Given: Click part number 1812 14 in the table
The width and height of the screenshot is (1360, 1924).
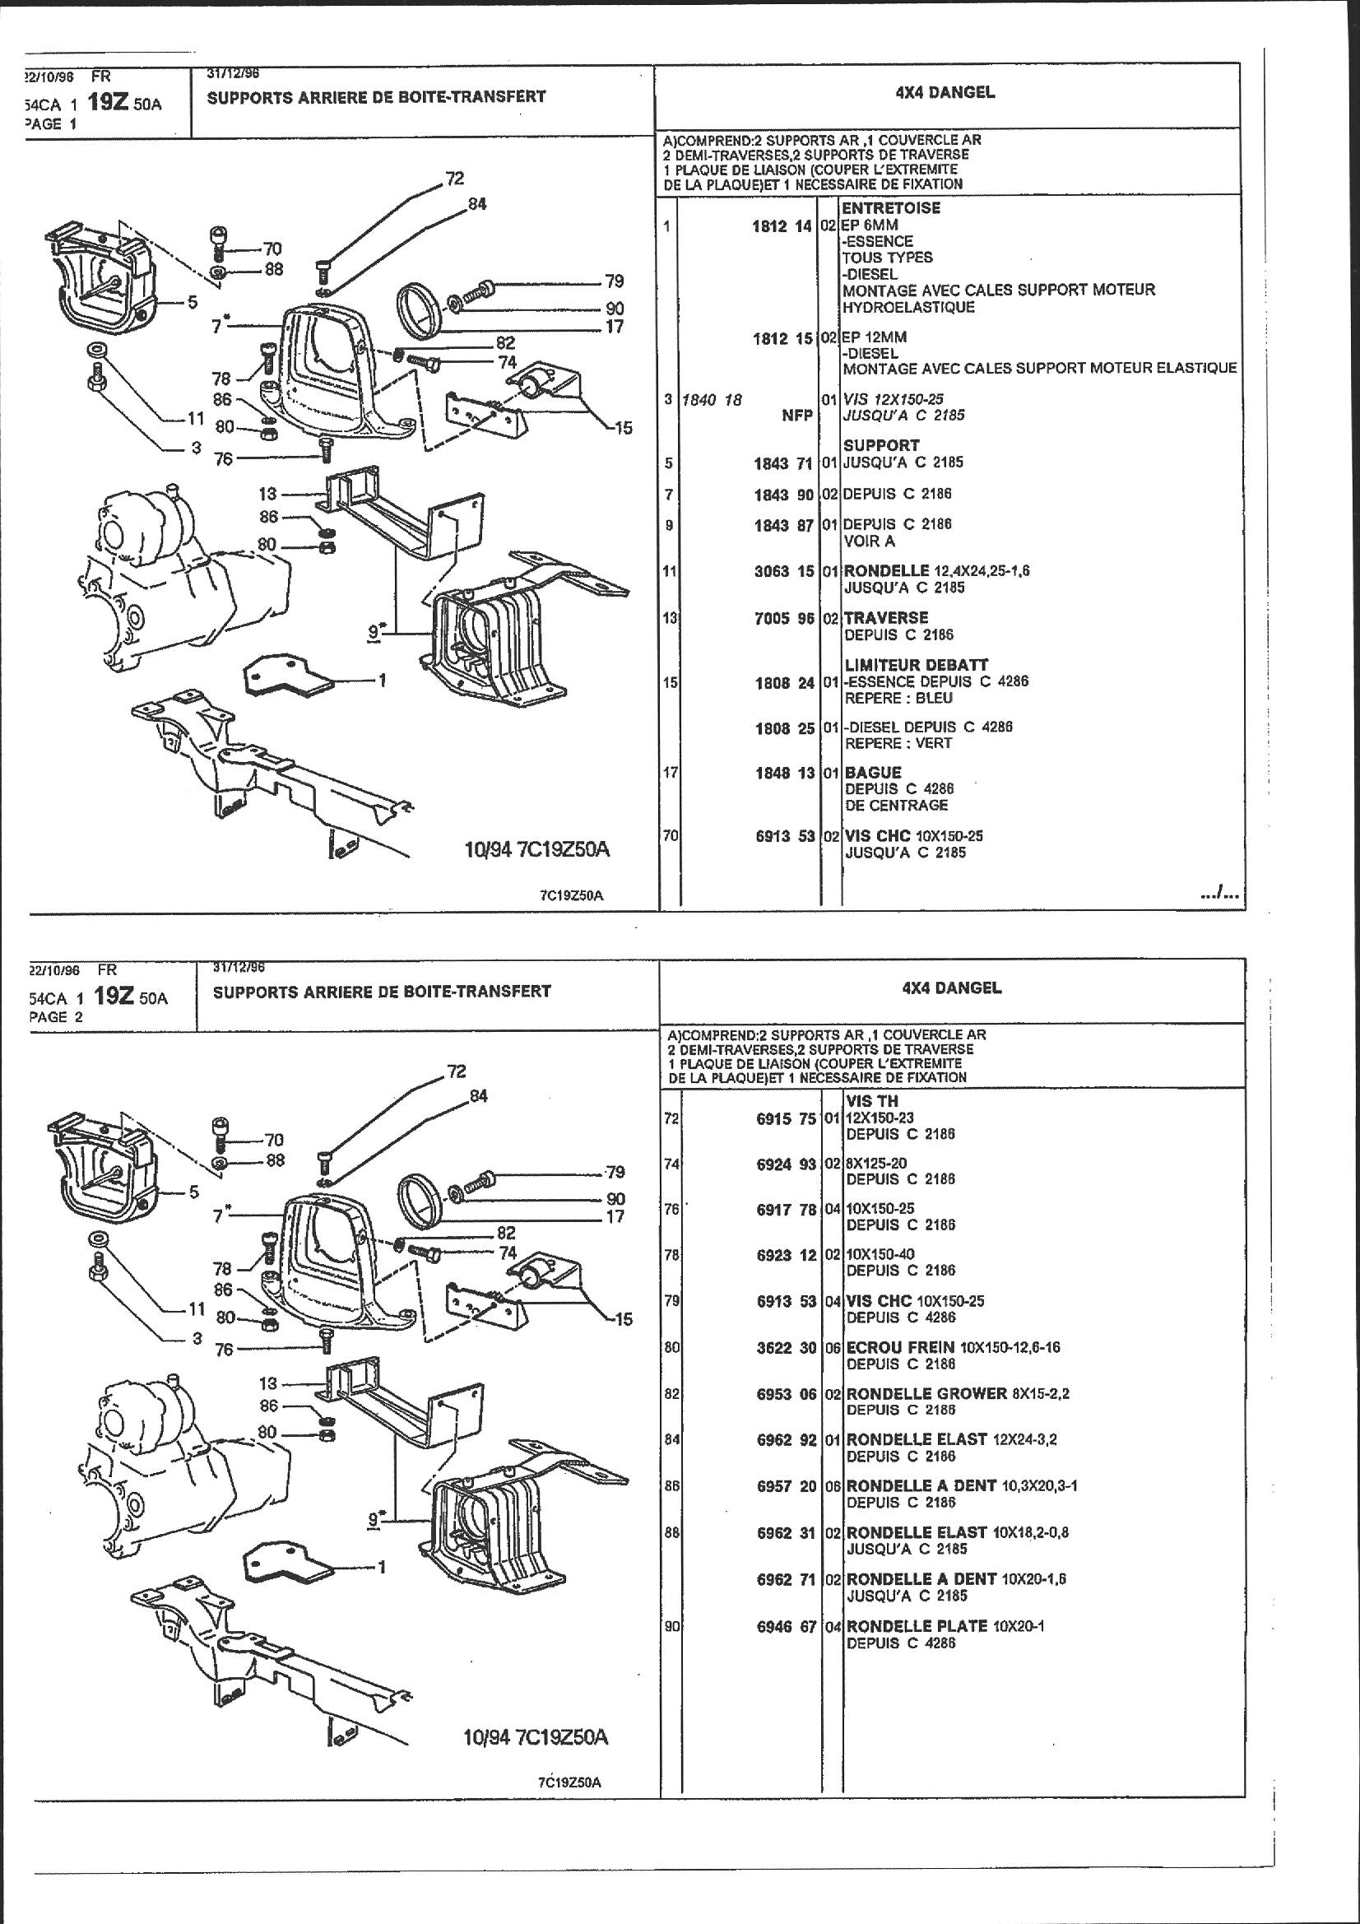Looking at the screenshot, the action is (784, 225).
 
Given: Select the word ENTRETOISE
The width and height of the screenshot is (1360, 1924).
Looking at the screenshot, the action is (892, 208).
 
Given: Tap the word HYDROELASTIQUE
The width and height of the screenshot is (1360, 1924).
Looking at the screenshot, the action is (897, 307).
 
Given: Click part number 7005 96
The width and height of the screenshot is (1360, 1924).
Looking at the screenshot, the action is (785, 619).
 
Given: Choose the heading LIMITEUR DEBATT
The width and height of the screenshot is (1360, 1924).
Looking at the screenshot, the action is (904, 665).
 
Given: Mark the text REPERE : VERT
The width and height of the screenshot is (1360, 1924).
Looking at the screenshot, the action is (898, 743).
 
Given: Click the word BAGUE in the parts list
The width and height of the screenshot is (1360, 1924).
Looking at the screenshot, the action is (872, 773).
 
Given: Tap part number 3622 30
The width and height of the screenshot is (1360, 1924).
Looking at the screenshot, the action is (786, 1348).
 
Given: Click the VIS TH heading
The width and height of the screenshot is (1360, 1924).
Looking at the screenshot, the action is (873, 1101).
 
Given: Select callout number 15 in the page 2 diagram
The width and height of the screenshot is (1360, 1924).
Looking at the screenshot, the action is (624, 1319).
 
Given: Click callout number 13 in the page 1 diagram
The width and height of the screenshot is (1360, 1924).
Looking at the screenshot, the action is (267, 494).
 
